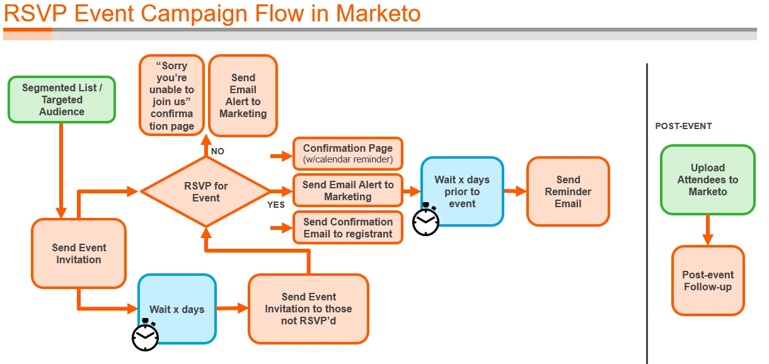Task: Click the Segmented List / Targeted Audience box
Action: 62,100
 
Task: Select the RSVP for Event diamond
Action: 205,191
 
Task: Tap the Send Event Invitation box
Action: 79,254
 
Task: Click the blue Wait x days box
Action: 177,309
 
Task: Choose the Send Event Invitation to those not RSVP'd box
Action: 308,309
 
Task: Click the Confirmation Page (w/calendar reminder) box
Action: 347,154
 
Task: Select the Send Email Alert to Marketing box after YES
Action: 347,190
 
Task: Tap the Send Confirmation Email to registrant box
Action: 347,227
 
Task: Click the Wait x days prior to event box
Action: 462,191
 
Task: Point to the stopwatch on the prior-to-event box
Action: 426,220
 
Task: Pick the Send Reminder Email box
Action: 568,191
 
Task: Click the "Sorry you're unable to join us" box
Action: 171,95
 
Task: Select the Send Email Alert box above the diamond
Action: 243,96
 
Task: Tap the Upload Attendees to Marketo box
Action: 707,179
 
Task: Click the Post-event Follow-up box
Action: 707,280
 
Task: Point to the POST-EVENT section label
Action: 683,126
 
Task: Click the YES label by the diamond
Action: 275,205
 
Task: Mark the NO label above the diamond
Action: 217,151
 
